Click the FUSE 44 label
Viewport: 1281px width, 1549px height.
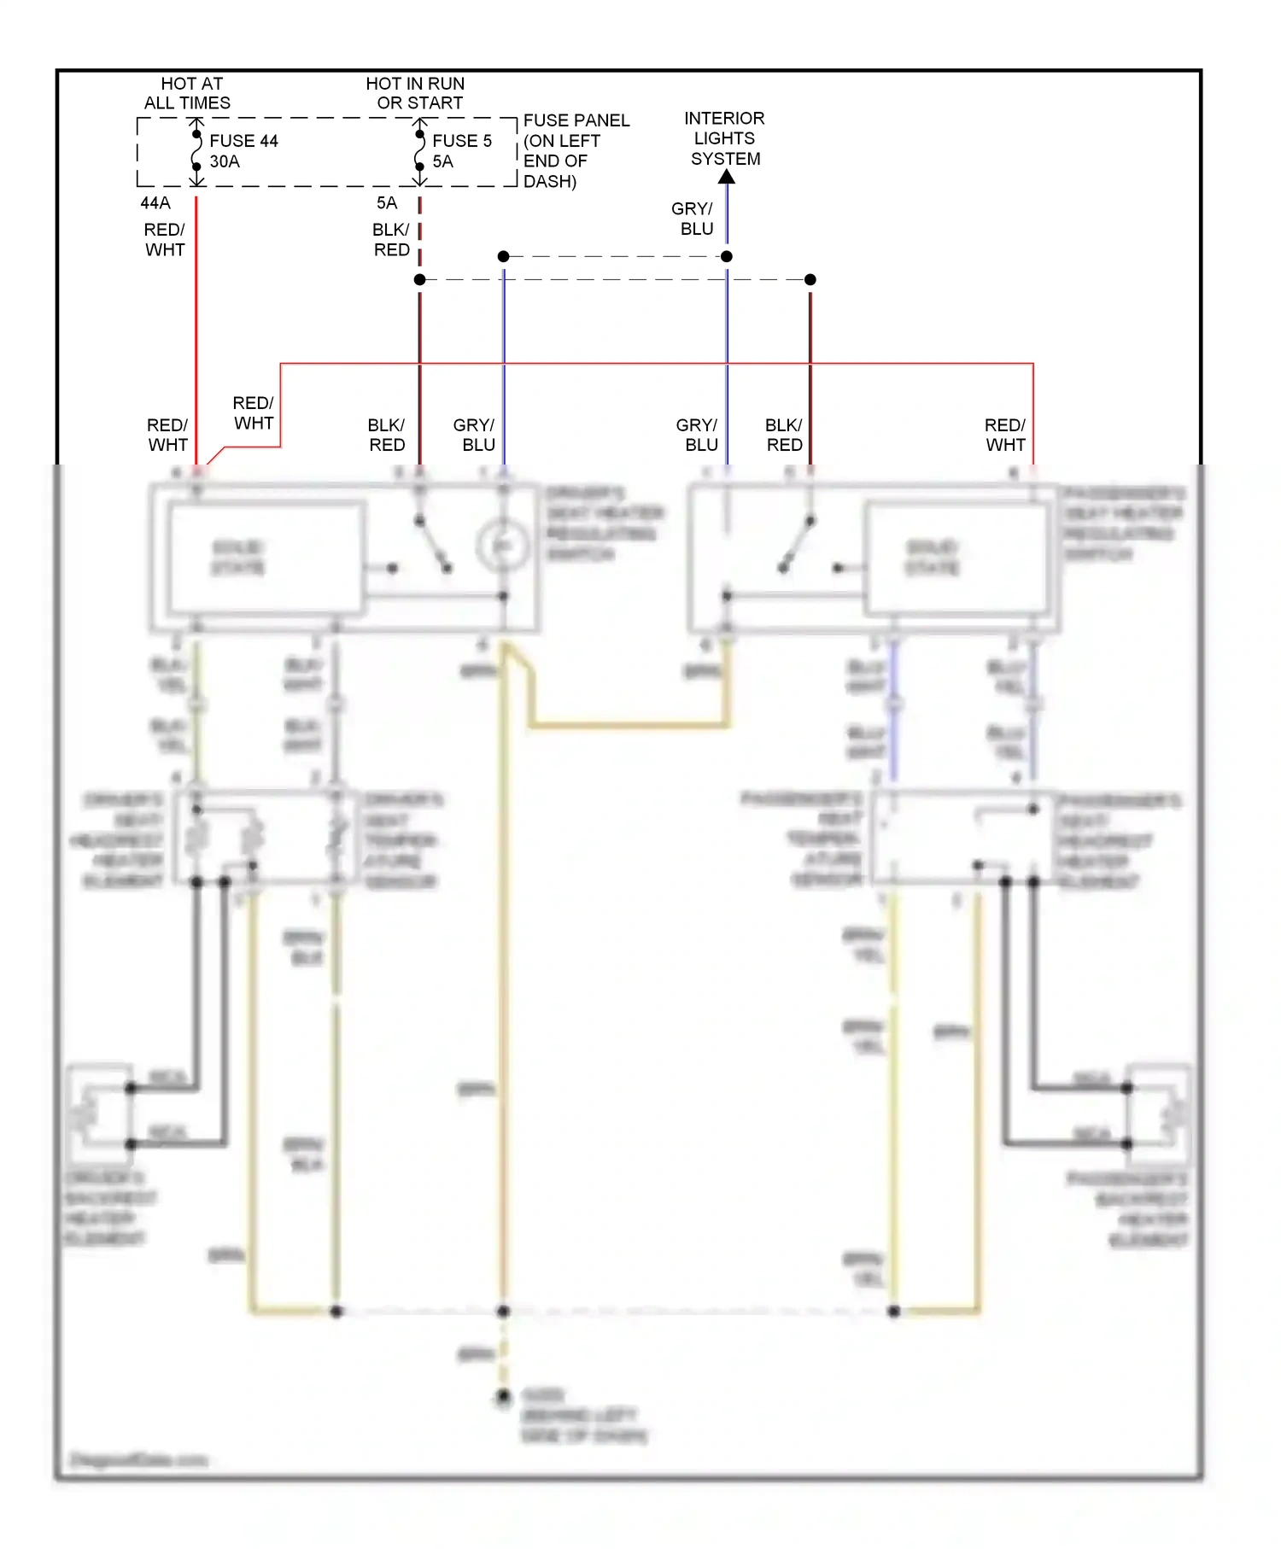click(243, 141)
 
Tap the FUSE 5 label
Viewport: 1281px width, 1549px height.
click(462, 141)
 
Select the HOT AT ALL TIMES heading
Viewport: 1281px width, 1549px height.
click(189, 93)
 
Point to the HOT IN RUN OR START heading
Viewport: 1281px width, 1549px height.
click(417, 93)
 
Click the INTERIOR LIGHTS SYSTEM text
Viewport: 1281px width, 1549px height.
click(725, 138)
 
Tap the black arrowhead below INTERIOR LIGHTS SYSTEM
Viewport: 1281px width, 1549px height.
click(727, 177)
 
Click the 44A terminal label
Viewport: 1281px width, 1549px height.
click(155, 203)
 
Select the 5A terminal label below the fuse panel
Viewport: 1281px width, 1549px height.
click(387, 203)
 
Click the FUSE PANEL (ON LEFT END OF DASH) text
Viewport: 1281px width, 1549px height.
click(575, 150)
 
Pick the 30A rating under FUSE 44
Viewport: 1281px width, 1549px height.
click(225, 161)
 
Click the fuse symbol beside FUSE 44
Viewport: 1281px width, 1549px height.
click(196, 151)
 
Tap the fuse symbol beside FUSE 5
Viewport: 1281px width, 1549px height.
click(419, 151)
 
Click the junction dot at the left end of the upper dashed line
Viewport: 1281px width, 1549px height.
click(504, 256)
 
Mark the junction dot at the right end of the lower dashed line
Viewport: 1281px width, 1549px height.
click(810, 279)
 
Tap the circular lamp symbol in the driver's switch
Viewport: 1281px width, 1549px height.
click(502, 546)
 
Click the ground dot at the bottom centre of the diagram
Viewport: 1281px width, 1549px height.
click(504, 1396)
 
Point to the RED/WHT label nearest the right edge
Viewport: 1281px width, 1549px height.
click(1005, 435)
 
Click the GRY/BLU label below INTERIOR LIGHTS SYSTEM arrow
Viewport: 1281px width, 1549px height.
click(693, 219)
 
